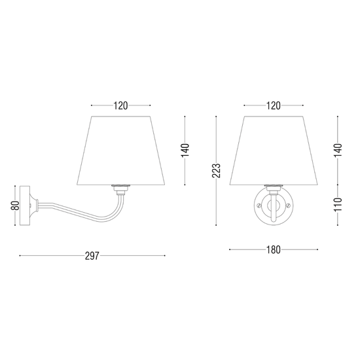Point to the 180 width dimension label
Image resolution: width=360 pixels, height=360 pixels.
273,249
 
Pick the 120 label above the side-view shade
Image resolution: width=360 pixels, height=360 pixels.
120,105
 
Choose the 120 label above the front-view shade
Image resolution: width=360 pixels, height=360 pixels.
273,105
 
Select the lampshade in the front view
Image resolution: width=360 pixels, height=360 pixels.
273,151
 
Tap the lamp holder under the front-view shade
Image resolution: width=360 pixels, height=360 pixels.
273,188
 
